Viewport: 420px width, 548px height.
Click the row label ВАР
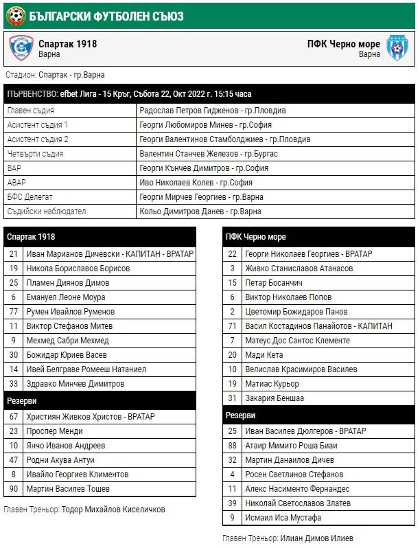tap(14, 168)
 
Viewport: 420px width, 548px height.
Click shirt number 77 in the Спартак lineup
tap(13, 312)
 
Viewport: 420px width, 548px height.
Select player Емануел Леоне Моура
tap(67, 297)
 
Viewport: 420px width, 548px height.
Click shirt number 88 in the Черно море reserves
tap(233, 445)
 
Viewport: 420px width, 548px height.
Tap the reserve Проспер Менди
tap(55, 431)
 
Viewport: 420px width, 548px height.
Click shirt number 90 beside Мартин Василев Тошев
tap(13, 489)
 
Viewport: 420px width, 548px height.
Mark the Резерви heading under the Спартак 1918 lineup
tap(22, 400)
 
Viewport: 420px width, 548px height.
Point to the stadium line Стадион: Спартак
tap(55, 75)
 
